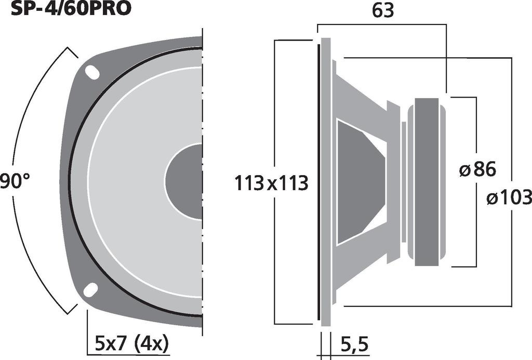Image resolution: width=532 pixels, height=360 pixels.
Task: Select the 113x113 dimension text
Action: pyautogui.click(x=272, y=183)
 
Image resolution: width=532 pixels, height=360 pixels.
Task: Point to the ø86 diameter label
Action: pyautogui.click(x=478, y=169)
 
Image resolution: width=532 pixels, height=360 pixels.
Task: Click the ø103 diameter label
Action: pyautogui.click(x=509, y=197)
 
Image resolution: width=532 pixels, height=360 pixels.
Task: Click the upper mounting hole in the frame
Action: pyautogui.click(x=92, y=72)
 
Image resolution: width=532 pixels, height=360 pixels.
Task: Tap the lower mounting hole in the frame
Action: pyautogui.click(x=91, y=289)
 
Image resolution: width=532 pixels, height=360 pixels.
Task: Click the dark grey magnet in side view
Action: pyautogui.click(x=427, y=182)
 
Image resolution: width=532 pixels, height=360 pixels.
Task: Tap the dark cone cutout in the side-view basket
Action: pyautogui.click(x=358, y=182)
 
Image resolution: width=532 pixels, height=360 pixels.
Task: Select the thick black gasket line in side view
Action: pyautogui.click(x=318, y=182)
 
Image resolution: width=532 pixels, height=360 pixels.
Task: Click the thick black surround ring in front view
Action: pyautogui.click(x=71, y=182)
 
